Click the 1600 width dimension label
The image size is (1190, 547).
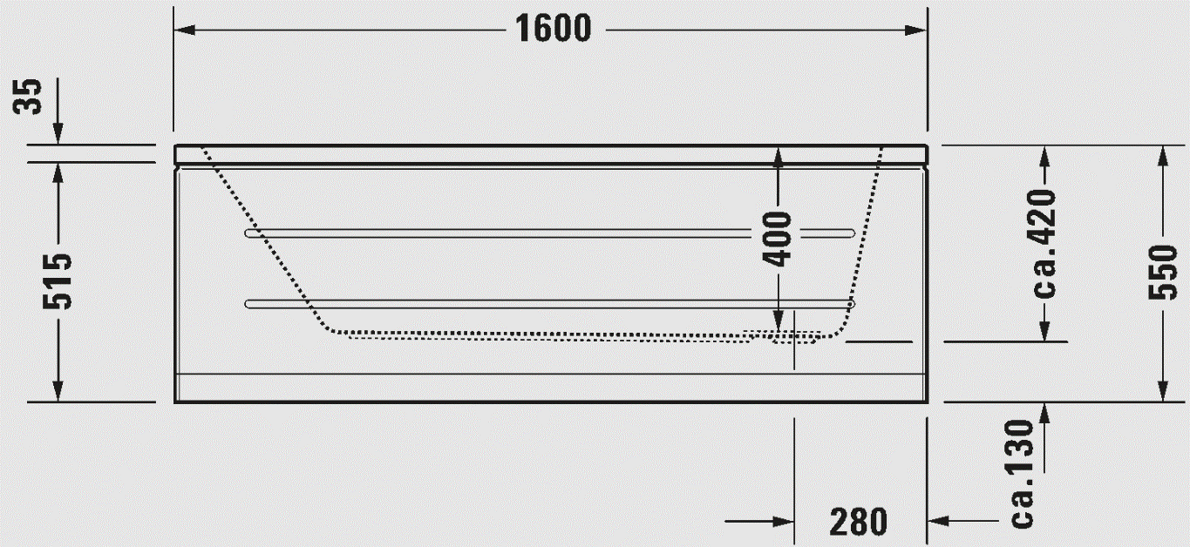coord(553,29)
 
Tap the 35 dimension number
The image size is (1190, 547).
coord(27,96)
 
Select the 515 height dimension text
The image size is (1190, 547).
coord(58,281)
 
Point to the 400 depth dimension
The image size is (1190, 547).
coord(777,239)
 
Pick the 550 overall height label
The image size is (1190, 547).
coord(1163,272)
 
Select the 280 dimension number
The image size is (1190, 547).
coord(859,522)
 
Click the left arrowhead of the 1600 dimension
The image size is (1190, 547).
coord(184,30)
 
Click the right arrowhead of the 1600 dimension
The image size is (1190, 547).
coord(916,30)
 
